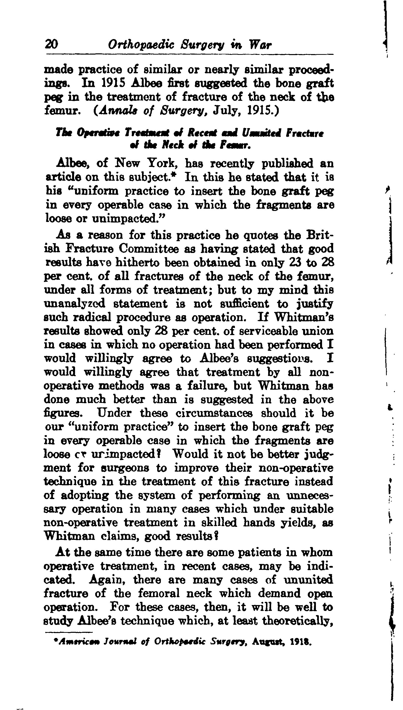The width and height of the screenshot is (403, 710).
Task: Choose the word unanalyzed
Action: (x=75, y=304)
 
